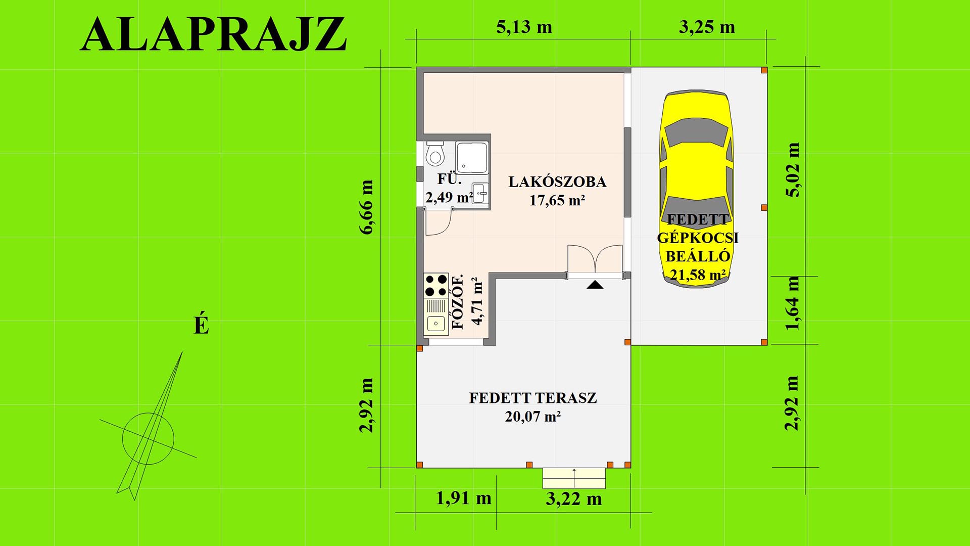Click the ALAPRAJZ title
click(x=213, y=34)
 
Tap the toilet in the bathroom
click(x=434, y=154)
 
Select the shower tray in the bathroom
click(x=472, y=157)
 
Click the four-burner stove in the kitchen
click(x=436, y=285)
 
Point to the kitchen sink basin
click(x=436, y=323)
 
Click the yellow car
click(x=697, y=189)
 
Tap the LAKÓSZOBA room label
click(x=557, y=181)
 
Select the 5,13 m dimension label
click(x=524, y=27)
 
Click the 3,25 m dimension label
click(x=707, y=27)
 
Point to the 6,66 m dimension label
click(x=366, y=207)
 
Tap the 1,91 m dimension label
click(x=463, y=498)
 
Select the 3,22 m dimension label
click(x=574, y=499)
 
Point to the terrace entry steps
click(x=574, y=478)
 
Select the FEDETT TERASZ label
click(x=533, y=398)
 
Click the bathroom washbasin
click(x=480, y=193)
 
